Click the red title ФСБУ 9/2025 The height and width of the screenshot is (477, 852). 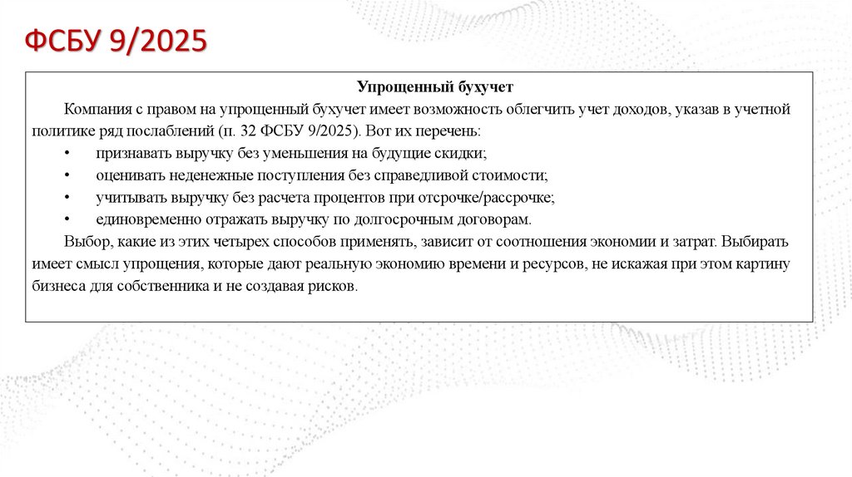click(x=115, y=41)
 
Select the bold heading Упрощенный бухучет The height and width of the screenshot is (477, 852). click(x=436, y=87)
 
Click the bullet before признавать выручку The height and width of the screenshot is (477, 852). click(x=67, y=154)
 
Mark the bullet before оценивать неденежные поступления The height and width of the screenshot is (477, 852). click(x=67, y=176)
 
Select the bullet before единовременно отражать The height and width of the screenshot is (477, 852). click(x=67, y=220)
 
